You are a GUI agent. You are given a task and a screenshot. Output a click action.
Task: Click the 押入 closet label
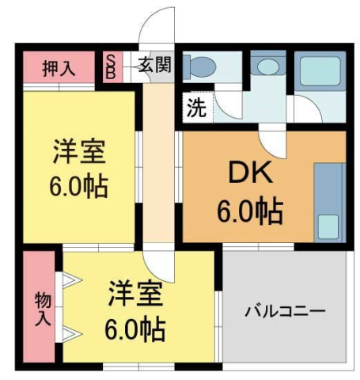tap(59, 67)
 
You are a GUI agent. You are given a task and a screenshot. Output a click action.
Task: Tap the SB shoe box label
tap(111, 66)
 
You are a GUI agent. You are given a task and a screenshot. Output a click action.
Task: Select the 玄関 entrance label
tap(153, 66)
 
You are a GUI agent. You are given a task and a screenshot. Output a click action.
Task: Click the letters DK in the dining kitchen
tap(242, 172)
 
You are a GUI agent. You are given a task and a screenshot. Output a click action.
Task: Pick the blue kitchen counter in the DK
tap(326, 202)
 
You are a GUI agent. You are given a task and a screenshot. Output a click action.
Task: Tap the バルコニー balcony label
tap(285, 310)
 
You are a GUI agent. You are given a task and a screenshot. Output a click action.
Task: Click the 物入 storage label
tap(41, 310)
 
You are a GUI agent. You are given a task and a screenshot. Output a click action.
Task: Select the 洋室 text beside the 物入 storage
tap(136, 293)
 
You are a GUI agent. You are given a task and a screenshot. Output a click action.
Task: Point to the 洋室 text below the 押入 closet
tap(80, 150)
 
